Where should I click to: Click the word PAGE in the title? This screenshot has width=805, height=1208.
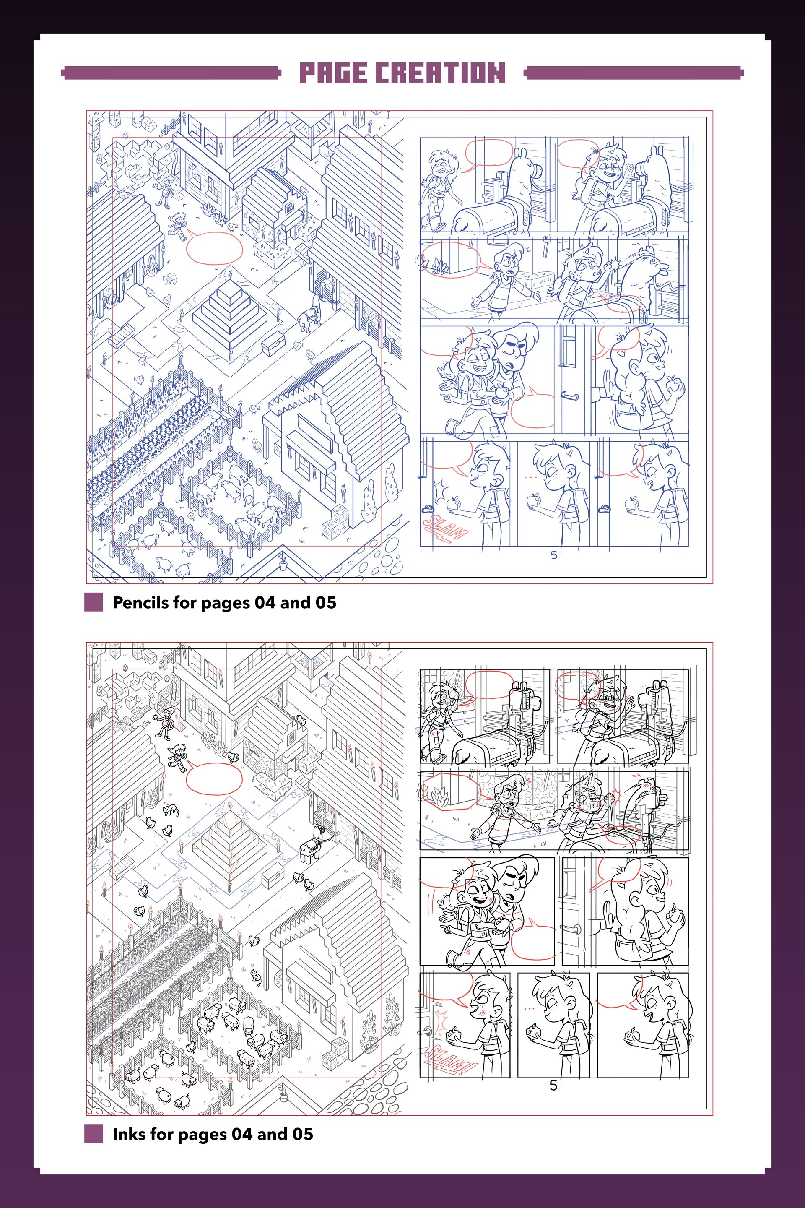333,73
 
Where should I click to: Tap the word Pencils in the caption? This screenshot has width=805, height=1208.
141,602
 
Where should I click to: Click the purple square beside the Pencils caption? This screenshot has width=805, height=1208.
93,602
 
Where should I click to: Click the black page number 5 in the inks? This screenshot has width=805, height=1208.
553,1085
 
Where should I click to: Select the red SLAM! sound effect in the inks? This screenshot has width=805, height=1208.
448,1059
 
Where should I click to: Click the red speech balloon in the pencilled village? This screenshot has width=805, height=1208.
213,247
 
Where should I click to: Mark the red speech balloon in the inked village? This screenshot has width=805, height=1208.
213,778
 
